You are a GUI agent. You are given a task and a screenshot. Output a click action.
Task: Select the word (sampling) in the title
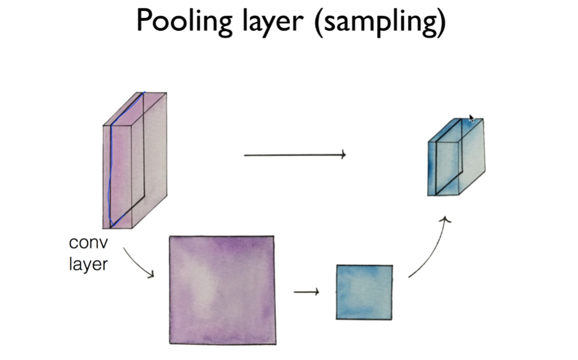coord(381,22)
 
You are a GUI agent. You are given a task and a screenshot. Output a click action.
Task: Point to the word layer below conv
coord(88,264)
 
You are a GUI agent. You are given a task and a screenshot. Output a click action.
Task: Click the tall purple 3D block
coord(135,160)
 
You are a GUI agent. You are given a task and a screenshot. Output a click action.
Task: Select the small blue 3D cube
coord(456,157)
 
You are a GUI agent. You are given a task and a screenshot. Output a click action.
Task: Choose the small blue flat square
coord(364,292)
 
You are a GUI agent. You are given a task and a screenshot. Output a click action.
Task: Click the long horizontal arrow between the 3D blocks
coord(294,155)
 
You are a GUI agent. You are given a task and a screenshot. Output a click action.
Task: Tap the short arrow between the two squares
coord(306,291)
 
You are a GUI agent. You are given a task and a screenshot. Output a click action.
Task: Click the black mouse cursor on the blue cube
coord(471,118)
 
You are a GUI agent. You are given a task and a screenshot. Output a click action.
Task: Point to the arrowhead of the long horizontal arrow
coord(344,154)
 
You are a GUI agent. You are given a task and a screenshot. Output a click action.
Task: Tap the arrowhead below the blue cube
coord(445,219)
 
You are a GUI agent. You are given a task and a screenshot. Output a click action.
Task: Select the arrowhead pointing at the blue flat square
coord(316,291)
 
